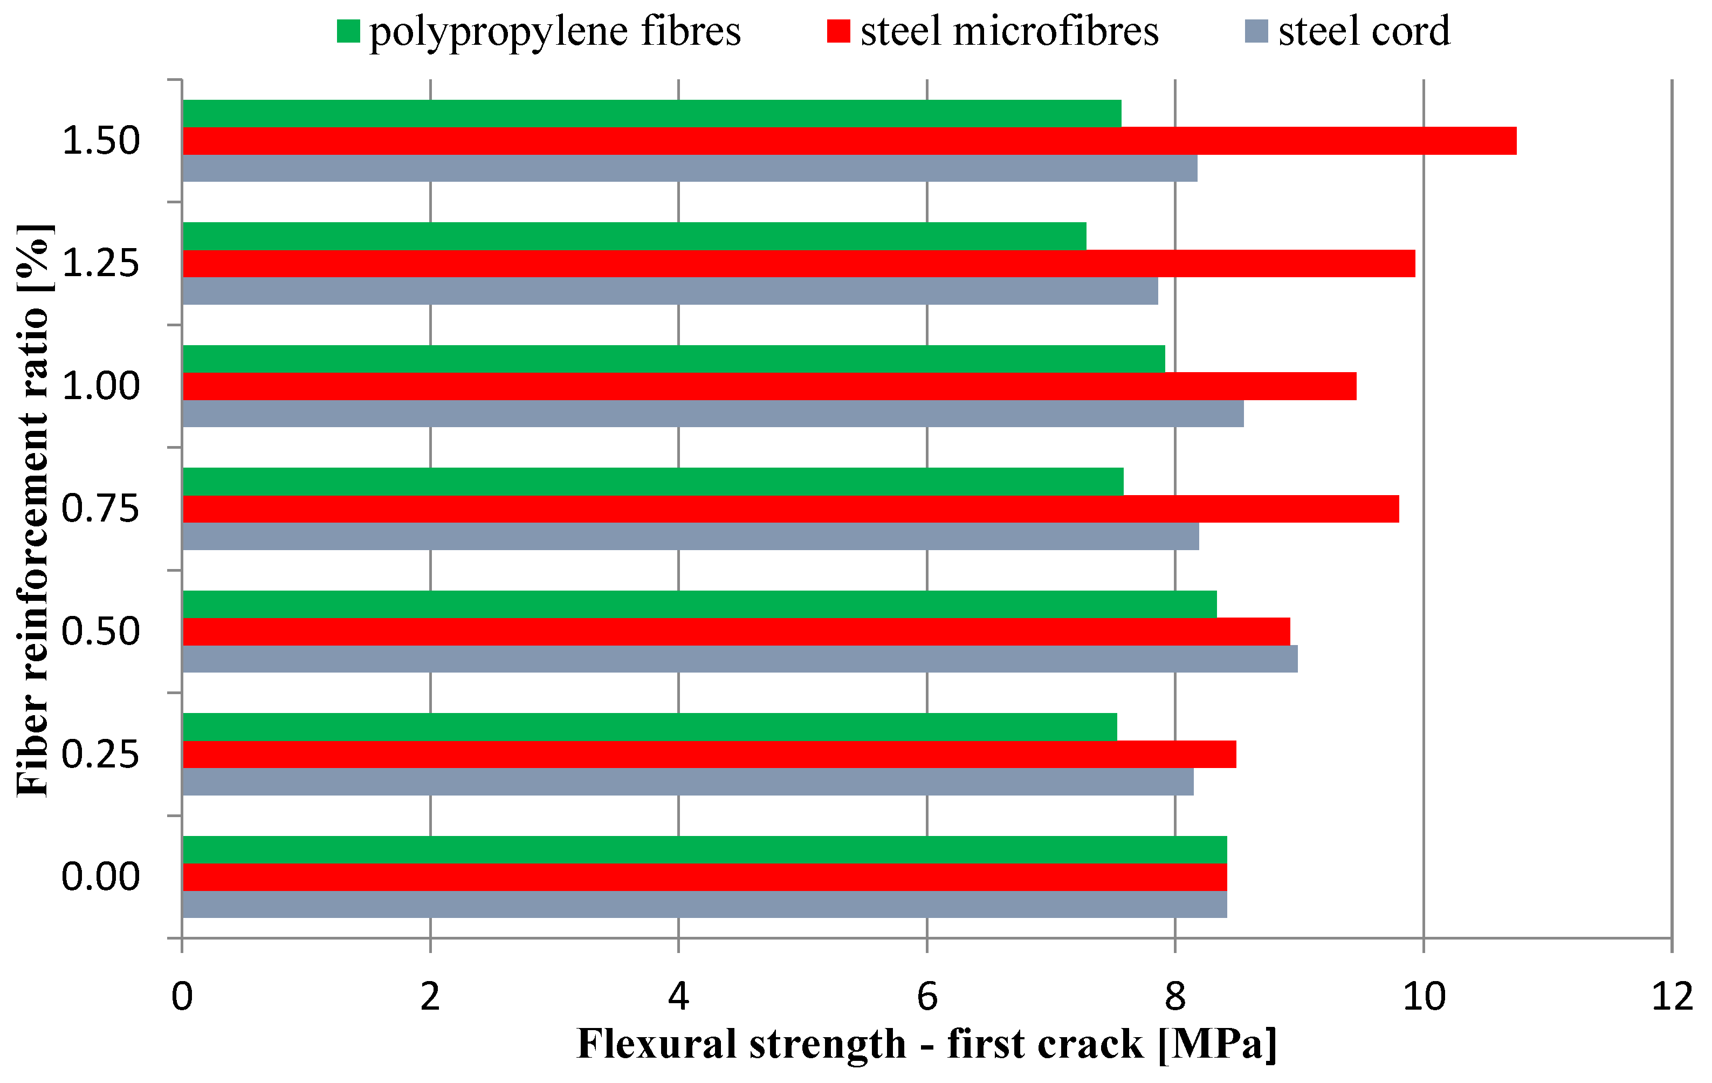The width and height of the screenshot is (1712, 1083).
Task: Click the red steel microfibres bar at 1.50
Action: (850, 141)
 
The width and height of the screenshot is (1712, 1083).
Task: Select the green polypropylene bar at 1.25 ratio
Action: (634, 236)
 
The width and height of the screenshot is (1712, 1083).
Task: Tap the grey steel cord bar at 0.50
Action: (739, 659)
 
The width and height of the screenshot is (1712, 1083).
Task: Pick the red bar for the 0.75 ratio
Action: (790, 509)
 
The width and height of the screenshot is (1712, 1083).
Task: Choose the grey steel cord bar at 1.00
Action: (713, 413)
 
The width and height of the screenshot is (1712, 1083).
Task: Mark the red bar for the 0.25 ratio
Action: (709, 755)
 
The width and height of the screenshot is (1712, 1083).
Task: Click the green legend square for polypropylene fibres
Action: (348, 31)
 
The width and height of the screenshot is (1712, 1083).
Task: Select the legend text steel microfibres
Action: (1009, 31)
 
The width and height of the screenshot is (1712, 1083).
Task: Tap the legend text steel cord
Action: (1364, 31)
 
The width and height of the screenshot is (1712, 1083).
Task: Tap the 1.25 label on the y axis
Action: (101, 263)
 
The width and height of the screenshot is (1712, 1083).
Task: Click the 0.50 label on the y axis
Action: (101, 632)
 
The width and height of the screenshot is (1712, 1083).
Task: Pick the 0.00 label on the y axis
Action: (101, 877)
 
